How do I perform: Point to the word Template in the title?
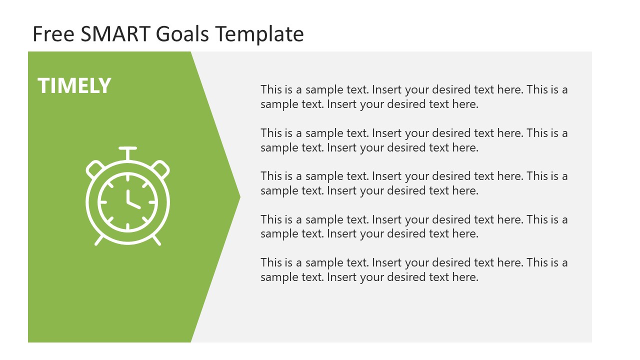coord(259,34)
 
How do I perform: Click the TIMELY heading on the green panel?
coord(74,86)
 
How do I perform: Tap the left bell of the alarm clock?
coord(94,168)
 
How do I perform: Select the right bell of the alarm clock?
coord(161,168)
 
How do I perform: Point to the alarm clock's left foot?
coord(99,240)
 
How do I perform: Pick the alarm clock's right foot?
coord(156,240)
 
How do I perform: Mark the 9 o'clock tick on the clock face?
coord(103,202)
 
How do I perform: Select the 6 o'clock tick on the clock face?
coord(127,226)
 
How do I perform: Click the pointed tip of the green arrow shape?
coord(239,197)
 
